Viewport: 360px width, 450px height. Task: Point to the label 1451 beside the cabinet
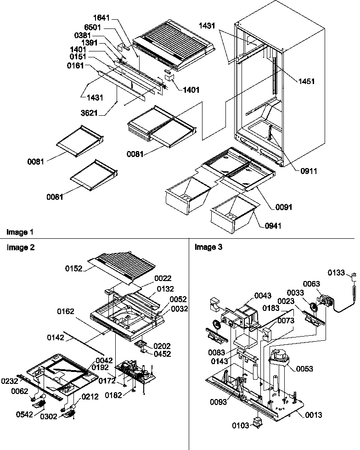tap(306, 81)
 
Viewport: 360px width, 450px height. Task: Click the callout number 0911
tap(308, 171)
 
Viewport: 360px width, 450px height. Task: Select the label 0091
tap(284, 207)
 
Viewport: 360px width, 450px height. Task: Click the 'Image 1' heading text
tap(20, 232)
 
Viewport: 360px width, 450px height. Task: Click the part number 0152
tap(74, 269)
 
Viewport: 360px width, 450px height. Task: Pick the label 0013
tap(313, 415)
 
